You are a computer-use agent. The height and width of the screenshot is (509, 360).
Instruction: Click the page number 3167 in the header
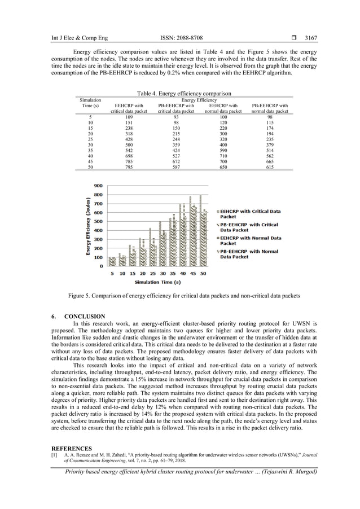coord(311,38)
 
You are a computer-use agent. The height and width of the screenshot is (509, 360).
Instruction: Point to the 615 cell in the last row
coord(270,168)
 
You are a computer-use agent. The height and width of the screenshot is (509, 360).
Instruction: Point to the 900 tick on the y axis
coord(98,186)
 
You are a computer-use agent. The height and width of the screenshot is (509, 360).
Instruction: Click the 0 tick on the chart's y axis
coord(101,266)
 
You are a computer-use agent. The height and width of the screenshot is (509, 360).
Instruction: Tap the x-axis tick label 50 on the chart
coord(203,274)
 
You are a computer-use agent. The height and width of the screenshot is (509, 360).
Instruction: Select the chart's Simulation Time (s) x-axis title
coord(157,282)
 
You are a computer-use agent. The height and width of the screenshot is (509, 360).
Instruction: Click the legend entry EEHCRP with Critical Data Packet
coord(249,214)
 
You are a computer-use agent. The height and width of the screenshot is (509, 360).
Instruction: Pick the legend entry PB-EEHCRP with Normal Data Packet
coord(249,254)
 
